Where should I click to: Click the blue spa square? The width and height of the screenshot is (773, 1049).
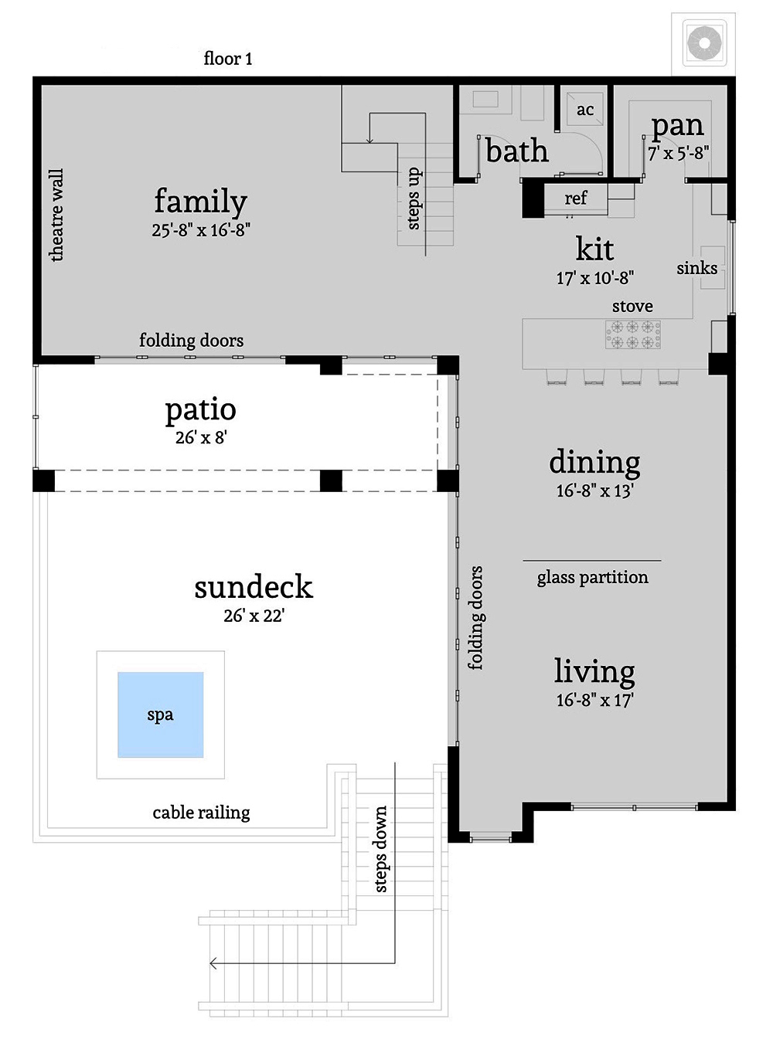pos(161,715)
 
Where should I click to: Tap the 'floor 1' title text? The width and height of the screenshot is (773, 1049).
pos(228,59)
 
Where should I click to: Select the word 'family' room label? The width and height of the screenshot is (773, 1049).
pos(200,201)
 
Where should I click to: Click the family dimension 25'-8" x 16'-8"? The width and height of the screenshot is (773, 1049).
pos(201,230)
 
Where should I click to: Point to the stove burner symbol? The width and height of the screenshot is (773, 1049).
pos(632,334)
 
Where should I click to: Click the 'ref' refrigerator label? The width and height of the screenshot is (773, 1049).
pos(575,199)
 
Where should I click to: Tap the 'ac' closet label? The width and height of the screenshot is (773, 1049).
pos(585,110)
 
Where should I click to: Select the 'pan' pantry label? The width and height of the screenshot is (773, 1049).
pos(677,125)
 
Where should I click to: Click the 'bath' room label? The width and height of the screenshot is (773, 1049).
pos(517,151)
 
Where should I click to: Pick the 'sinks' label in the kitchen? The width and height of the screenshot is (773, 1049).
pos(696,268)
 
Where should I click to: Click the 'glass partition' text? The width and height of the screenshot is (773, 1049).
pos(592,577)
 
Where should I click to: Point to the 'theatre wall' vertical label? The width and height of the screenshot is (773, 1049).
pos(56,216)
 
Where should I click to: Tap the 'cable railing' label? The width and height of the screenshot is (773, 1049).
pos(201,812)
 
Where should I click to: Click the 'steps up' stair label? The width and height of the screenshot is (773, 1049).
pos(414,199)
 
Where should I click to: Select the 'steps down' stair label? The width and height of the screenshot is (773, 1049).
pos(380,849)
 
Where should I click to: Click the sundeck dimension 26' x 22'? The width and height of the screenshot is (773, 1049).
pos(254,616)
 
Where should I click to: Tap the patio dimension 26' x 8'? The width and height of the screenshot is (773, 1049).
pos(201,437)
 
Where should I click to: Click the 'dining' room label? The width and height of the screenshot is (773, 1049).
pos(594,462)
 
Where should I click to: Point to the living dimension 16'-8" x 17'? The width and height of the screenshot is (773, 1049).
pos(594,700)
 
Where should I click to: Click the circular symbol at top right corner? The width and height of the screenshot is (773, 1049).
pos(703,42)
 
